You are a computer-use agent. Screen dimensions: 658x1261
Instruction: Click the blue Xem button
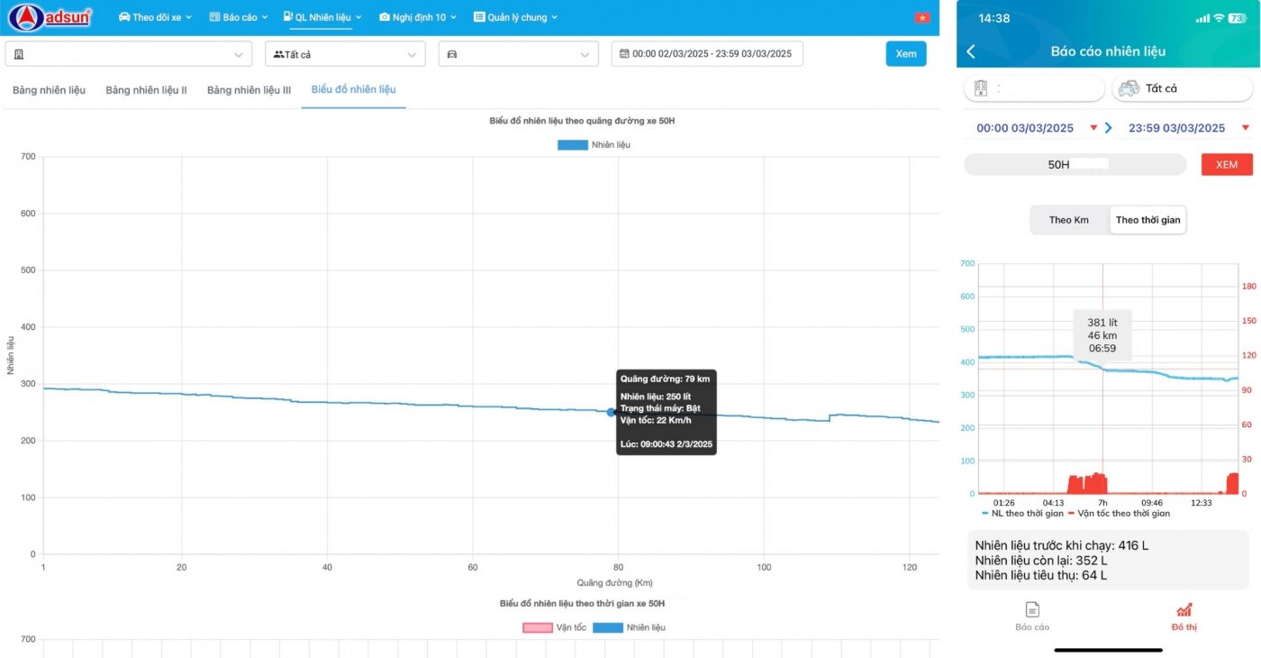905,54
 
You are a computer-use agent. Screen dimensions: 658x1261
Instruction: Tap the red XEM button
1226,165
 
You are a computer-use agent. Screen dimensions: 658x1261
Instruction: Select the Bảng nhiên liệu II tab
146,90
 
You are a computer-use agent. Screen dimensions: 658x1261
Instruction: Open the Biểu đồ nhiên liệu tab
353,89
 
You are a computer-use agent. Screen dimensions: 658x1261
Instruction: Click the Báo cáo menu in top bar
239,17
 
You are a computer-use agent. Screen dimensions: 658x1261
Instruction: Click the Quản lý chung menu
515,17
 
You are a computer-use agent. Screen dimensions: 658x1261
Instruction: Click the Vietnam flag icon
921,17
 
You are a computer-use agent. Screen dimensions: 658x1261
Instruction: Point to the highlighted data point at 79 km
611,412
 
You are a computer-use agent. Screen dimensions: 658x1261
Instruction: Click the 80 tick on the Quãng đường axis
618,567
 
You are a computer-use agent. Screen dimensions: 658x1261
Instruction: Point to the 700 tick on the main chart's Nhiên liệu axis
28,157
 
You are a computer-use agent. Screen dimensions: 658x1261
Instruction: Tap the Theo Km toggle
1068,220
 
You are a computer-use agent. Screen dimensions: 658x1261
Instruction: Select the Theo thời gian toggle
1148,220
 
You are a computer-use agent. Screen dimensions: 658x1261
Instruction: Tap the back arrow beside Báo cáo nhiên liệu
971,51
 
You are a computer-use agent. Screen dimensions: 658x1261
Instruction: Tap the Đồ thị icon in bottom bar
1184,611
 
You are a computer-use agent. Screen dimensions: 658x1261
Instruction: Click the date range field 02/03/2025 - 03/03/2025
707,54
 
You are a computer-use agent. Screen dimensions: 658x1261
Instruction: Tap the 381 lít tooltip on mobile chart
1102,335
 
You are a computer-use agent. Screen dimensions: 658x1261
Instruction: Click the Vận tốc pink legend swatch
537,627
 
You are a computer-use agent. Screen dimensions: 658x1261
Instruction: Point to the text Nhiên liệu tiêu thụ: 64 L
1040,575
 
